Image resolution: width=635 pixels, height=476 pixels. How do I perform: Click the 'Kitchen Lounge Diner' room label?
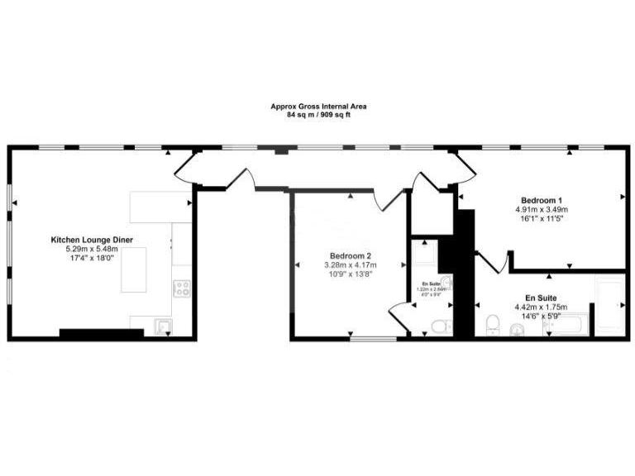[x=92, y=240]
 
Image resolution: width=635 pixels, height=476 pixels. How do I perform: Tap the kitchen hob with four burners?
[x=181, y=288]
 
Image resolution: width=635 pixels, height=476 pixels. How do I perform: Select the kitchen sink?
[x=162, y=326]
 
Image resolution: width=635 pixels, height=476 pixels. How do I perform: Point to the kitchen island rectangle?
[x=138, y=269]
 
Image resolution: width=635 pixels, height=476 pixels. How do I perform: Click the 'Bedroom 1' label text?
[x=542, y=201]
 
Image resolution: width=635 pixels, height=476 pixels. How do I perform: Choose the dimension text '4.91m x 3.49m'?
[x=542, y=210]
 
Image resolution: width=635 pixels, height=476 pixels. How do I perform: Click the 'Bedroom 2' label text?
[x=351, y=255]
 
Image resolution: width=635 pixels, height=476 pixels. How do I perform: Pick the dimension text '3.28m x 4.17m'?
[x=351, y=264]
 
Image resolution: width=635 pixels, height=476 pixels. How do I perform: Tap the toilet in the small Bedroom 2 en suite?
[x=441, y=326]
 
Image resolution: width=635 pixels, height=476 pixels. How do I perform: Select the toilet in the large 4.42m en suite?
[x=492, y=325]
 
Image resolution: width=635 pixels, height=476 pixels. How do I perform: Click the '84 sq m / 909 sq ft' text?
[x=318, y=115]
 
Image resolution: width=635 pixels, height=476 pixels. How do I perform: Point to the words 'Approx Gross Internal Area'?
[x=318, y=107]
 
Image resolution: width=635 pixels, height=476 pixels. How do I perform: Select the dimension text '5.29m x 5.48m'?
[x=92, y=249]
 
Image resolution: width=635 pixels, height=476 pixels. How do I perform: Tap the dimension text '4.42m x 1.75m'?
[x=541, y=306]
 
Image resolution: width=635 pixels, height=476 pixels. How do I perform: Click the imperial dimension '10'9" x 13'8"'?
[x=351, y=274]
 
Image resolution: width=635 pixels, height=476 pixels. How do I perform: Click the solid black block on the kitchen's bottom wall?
[x=101, y=333]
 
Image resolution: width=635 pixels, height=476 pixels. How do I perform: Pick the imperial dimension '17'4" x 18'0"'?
[x=92, y=258]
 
